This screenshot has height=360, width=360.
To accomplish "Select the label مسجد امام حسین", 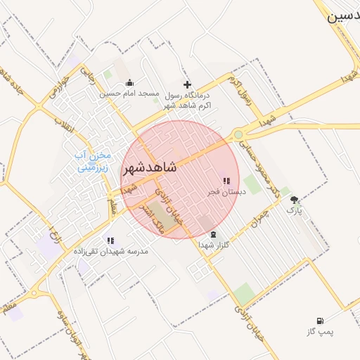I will click(x=129, y=93).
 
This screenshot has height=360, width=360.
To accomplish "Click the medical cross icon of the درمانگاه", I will click(x=187, y=84).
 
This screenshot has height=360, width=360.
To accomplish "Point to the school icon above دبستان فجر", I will click(x=226, y=181).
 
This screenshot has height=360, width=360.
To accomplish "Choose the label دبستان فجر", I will click(x=225, y=191).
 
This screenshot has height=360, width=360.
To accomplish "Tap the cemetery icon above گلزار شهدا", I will click(x=214, y=235).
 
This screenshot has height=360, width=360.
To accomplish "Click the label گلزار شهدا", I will click(x=214, y=245).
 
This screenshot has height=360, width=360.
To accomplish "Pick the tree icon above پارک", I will click(x=294, y=200).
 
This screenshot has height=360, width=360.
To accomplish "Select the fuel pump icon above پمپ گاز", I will click(x=321, y=321).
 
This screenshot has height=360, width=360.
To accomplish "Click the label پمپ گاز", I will click(x=321, y=331).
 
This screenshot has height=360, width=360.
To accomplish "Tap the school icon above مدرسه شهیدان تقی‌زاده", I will click(x=110, y=240).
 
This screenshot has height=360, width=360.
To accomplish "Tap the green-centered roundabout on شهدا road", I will click(x=238, y=134).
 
